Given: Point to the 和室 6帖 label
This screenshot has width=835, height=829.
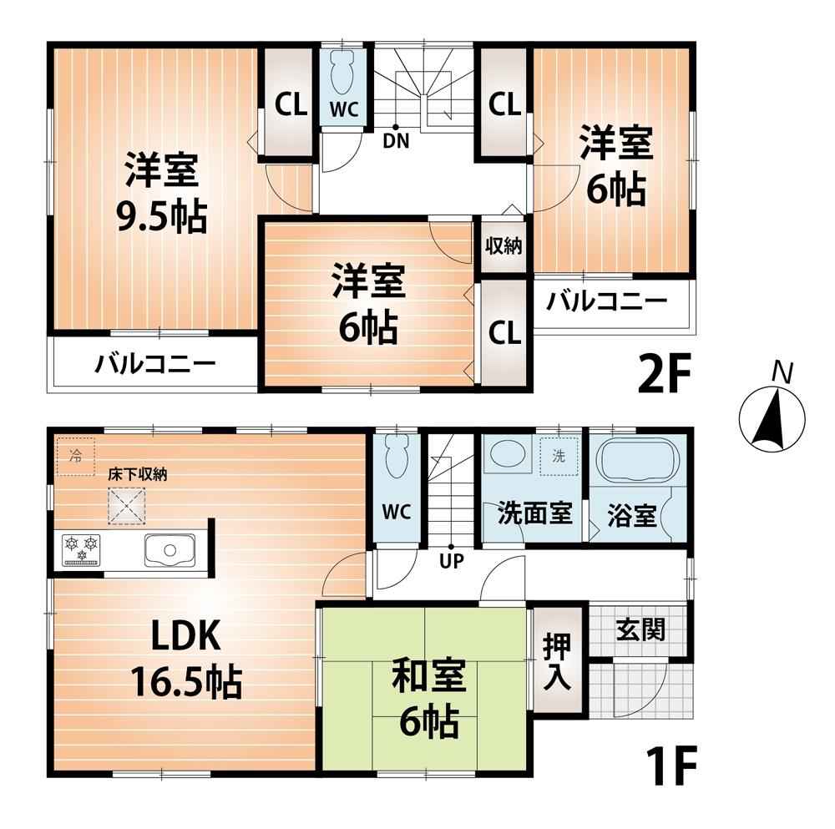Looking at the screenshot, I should click(424, 698).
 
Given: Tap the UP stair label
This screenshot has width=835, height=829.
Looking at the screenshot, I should click(452, 561).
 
